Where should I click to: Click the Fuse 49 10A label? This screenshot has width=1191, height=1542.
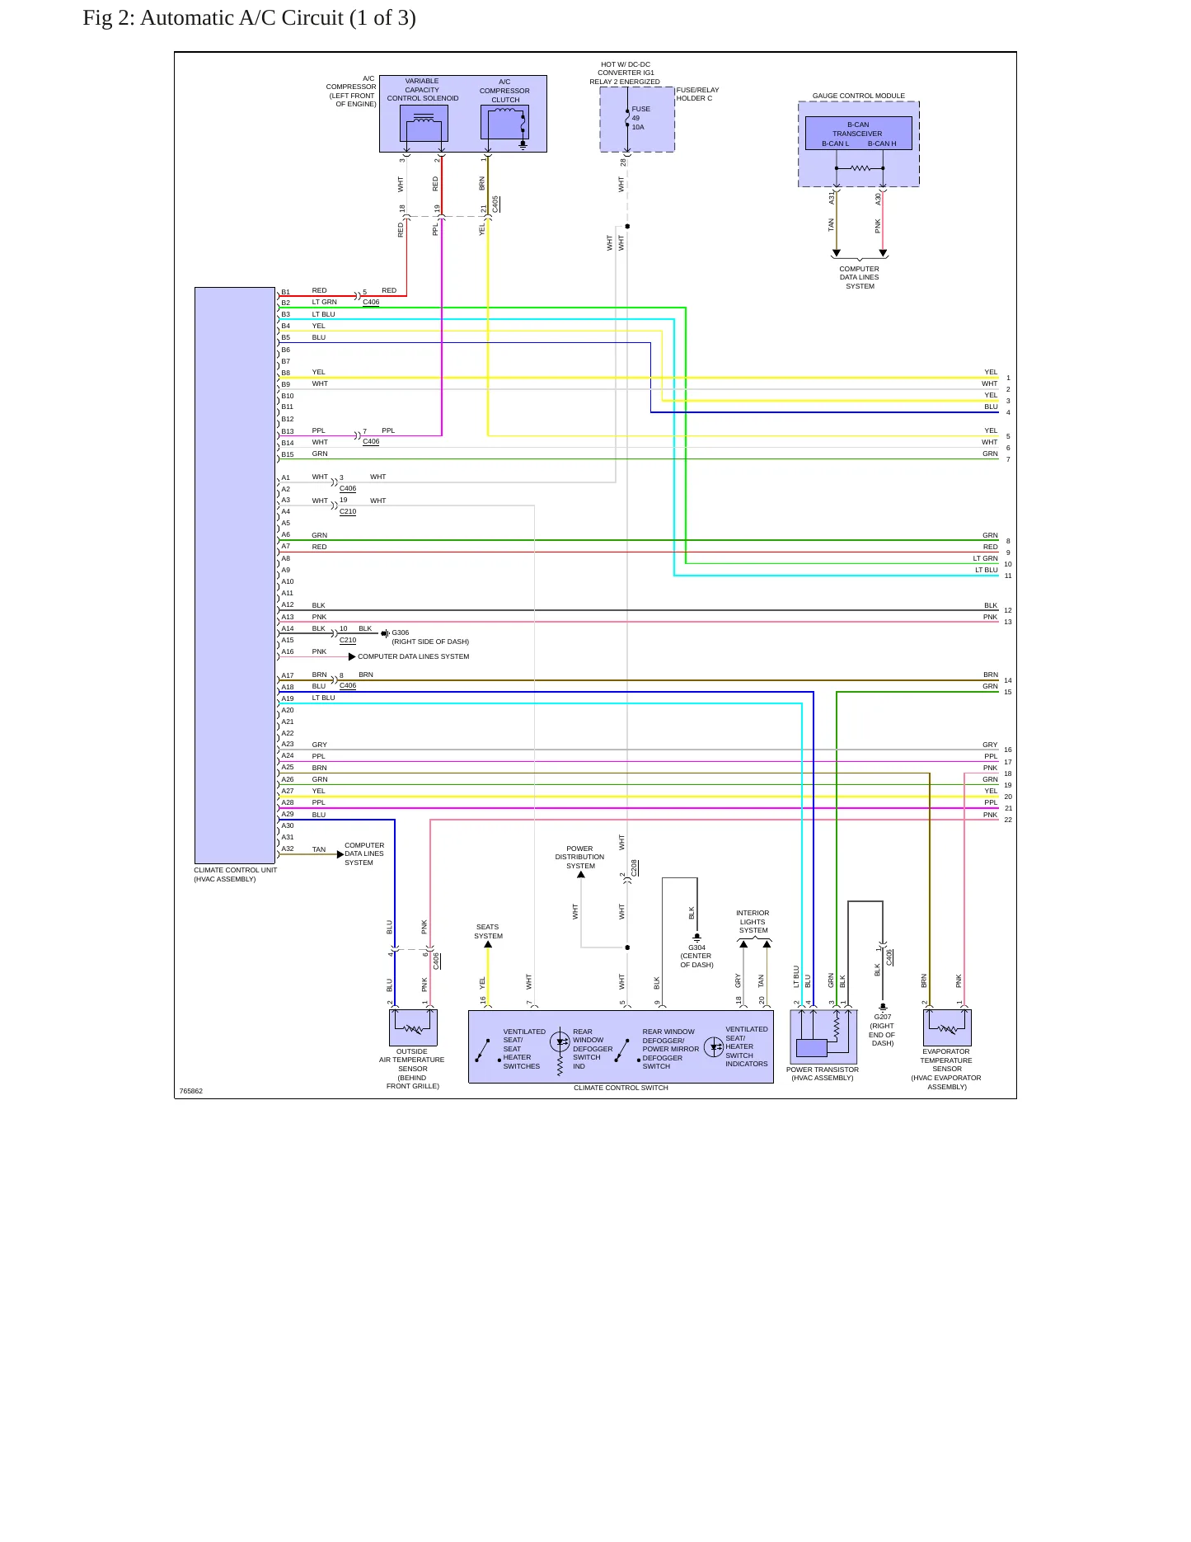coord(640,118)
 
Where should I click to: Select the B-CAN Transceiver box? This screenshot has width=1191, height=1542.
coord(858,133)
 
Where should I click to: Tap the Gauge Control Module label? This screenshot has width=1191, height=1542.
coord(858,96)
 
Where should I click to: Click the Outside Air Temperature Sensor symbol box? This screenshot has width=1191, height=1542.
coord(413,1027)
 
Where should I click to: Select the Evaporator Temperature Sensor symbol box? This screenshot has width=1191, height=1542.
coord(947,1027)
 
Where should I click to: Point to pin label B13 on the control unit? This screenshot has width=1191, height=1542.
coord(287,431)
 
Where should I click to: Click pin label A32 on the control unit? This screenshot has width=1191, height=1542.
coord(287,849)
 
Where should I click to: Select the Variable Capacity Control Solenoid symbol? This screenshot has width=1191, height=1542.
coord(424,124)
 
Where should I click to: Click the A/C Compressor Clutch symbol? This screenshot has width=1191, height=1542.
coord(504,124)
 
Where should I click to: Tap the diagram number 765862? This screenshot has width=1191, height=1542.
coord(191,1091)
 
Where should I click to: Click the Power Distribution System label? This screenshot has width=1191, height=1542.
coord(579,858)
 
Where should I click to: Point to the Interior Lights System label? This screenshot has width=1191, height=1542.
coord(753,922)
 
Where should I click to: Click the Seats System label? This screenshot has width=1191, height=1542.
coord(488,932)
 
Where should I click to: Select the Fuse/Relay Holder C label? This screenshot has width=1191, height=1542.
coord(697,94)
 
